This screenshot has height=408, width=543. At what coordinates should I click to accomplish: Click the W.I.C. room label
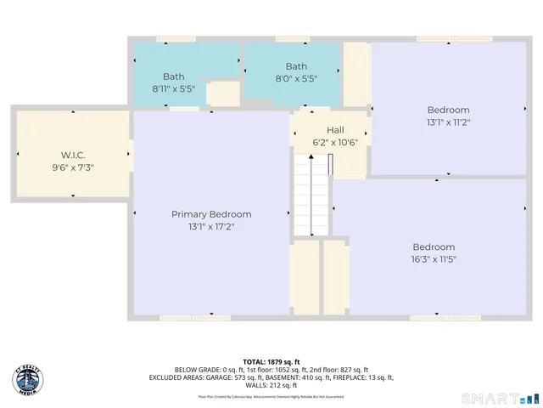(x=73, y=155)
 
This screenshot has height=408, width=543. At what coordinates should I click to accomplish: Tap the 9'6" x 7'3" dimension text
(x=73, y=167)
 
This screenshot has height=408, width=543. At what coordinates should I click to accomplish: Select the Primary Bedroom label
(x=211, y=214)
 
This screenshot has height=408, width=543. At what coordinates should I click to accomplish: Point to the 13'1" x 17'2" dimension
(x=211, y=227)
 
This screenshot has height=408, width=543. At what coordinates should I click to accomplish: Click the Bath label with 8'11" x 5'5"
(x=173, y=76)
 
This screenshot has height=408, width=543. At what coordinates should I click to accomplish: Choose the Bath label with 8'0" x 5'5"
(x=296, y=66)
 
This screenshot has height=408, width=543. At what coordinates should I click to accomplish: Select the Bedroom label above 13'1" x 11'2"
(x=448, y=110)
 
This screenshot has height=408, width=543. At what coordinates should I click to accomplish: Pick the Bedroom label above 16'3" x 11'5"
(x=434, y=246)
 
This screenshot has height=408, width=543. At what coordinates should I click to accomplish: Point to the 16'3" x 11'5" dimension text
(x=434, y=259)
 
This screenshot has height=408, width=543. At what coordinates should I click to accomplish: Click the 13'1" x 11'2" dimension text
(x=448, y=122)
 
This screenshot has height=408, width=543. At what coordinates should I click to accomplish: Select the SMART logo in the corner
(x=499, y=397)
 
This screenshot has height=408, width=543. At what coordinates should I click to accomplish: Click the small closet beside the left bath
(x=223, y=93)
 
